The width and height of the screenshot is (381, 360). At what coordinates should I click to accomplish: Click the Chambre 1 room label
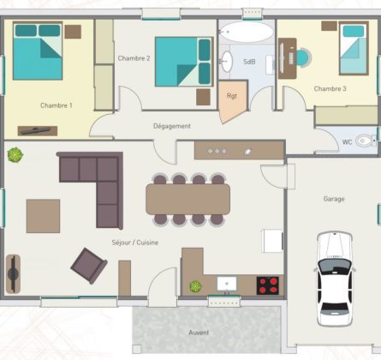click(x=57, y=105)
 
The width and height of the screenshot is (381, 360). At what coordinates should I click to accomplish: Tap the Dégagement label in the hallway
click(x=172, y=126)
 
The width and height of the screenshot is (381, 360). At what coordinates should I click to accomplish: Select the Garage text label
click(x=334, y=199)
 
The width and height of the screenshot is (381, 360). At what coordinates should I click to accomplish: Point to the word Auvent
click(x=199, y=333)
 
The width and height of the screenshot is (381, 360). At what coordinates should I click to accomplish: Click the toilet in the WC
click(x=366, y=141)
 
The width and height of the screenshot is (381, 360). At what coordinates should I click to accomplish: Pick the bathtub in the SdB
click(x=247, y=32)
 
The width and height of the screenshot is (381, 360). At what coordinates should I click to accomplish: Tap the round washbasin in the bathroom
click(x=227, y=62)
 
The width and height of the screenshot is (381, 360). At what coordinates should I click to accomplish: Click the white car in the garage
click(x=334, y=279)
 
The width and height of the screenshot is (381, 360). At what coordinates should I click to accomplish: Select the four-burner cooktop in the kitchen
click(x=268, y=285)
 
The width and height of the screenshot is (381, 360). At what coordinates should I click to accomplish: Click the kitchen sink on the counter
click(x=227, y=284)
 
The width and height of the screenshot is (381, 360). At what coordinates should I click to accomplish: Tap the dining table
click(x=188, y=199)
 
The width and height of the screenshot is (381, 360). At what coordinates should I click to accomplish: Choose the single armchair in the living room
click(x=89, y=266)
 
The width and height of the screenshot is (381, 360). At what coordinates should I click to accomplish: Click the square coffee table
click(x=43, y=216)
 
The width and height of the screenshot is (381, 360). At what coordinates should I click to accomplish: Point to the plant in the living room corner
click(x=15, y=155)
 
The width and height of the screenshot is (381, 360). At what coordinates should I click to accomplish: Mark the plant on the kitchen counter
click(x=196, y=286)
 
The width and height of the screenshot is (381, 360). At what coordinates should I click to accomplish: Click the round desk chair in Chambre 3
click(x=303, y=57)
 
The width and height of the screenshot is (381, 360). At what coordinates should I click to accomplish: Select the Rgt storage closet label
click(x=232, y=96)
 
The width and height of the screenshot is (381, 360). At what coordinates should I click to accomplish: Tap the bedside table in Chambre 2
click(x=203, y=97)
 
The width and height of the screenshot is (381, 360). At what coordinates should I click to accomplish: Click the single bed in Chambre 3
click(x=354, y=49)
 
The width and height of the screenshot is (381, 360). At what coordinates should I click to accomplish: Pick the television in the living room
click(x=13, y=274)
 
